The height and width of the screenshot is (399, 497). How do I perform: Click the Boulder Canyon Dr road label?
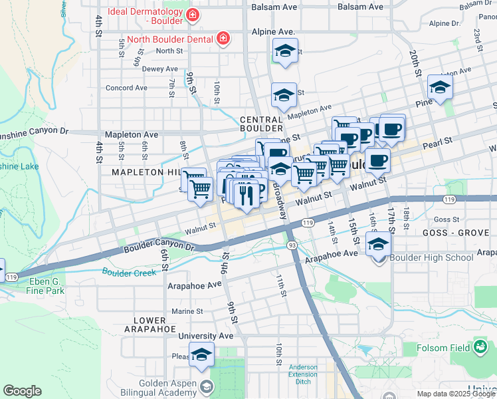(x=159, y=246)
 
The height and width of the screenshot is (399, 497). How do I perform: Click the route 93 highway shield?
(x=292, y=245)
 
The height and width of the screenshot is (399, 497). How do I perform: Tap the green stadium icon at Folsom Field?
(x=480, y=346)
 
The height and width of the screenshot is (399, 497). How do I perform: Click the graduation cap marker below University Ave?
(x=202, y=354)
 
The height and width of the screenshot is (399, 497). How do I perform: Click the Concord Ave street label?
(x=126, y=88)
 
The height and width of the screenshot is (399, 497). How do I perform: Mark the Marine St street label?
(x=187, y=311)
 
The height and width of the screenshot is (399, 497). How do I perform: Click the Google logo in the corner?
(x=23, y=391)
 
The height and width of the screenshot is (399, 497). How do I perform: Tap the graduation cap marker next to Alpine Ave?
(x=285, y=51)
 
